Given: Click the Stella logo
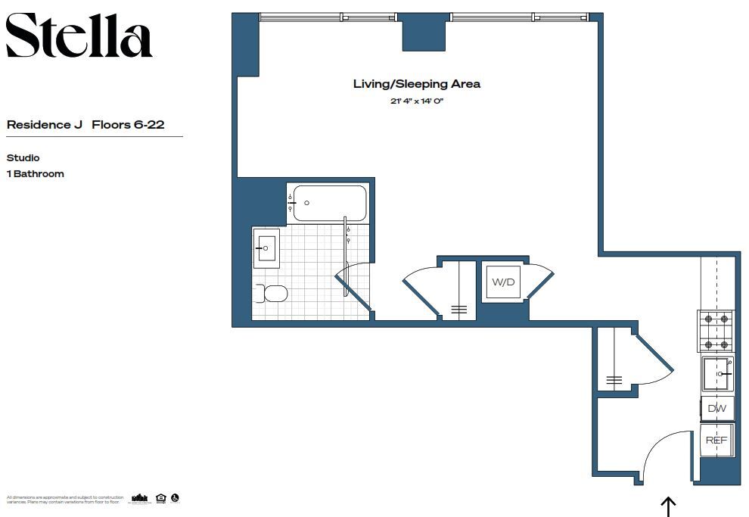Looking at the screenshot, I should point(79,36).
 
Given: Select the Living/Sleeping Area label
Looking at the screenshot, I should point(416,84).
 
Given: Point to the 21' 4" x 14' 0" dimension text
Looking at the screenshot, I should point(416,100).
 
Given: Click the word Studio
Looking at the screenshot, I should point(23,158).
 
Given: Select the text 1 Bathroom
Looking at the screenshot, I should point(35,174).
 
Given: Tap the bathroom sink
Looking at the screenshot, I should point(266,248).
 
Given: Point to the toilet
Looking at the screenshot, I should point(273,294).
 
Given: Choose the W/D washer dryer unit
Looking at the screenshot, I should point(503,282).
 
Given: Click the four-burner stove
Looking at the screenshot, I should point(715,332).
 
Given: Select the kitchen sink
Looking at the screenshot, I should point(715,373).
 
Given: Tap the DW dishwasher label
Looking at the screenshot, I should point(716,409).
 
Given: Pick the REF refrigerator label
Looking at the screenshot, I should point(716,440).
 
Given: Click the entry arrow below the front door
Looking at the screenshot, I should point(668,506).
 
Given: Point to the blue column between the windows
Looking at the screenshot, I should point(423,33).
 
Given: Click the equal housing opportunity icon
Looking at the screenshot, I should point(160,498).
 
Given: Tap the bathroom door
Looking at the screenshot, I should point(354,290).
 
